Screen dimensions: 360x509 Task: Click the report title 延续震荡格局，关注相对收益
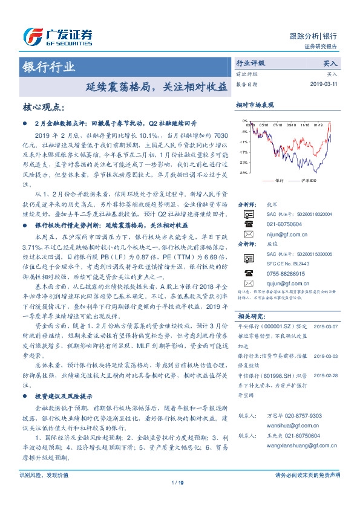click(x=157, y=86)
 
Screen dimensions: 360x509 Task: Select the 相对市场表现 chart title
click(x=256, y=105)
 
